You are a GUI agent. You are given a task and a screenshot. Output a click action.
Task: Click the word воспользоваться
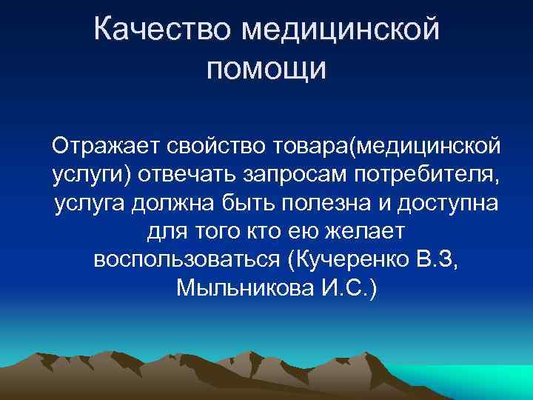point(186,261)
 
